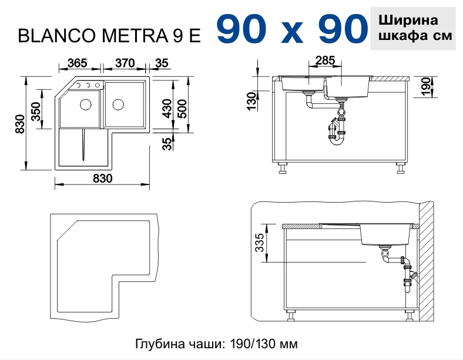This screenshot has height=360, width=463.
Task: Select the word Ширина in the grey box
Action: pos(408,21)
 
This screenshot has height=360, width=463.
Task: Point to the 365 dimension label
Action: pos(78,63)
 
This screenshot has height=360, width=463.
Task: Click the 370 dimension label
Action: pos(125,63)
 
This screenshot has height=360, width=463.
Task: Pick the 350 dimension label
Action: pos(36,111)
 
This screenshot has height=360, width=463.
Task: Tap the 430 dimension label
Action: pos(167,108)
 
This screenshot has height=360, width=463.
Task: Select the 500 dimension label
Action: pos(182,109)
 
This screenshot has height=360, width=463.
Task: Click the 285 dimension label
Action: pos(325,60)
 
